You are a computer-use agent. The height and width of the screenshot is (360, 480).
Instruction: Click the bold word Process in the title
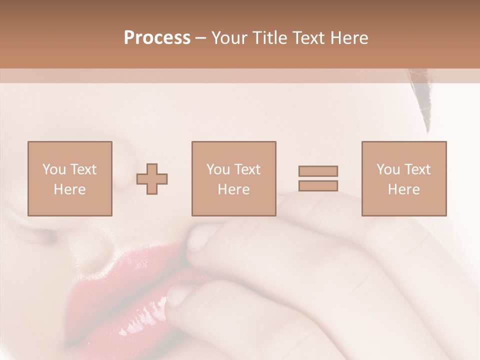pyautogui.click(x=157, y=38)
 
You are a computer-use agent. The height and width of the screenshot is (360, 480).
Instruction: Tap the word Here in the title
pyautogui.click(x=348, y=38)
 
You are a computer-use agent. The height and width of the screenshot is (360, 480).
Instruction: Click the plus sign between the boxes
pyautogui.click(x=152, y=178)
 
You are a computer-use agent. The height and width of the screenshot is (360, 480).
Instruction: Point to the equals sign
pyautogui.click(x=318, y=178)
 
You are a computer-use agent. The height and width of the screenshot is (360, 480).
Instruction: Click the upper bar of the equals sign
pyautogui.click(x=318, y=171)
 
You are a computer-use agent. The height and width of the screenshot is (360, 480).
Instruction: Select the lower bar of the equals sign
pyautogui.click(x=318, y=186)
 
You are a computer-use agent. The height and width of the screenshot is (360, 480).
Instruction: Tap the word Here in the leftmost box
pyautogui.click(x=69, y=189)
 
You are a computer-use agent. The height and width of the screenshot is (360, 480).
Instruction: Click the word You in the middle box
pyautogui.click(x=218, y=169)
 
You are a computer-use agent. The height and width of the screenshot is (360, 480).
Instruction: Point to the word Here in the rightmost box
pyautogui.click(x=403, y=189)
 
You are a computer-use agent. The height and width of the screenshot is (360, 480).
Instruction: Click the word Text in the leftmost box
pyautogui.click(x=83, y=169)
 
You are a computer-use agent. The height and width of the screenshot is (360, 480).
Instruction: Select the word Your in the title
pyautogui.click(x=230, y=38)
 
